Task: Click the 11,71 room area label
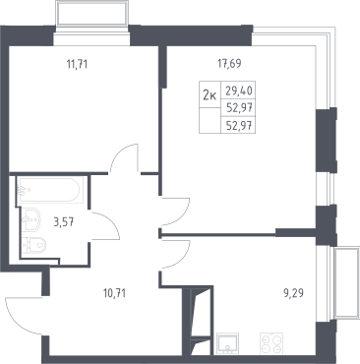tap(77, 64)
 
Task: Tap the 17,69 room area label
tap(230, 63)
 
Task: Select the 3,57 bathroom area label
tap(64, 222)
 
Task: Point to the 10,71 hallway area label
tap(114, 293)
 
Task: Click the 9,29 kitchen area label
tap(293, 293)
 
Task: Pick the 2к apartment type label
tap(210, 95)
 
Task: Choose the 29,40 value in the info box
tap(239, 91)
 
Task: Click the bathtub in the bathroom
tap(48, 190)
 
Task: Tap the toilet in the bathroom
tap(35, 244)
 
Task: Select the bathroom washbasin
tap(30, 220)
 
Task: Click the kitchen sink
tap(227, 343)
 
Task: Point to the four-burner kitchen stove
tap(271, 343)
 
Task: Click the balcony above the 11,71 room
tap(91, 14)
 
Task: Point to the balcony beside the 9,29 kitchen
tap(346, 282)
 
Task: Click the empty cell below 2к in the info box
tap(210, 120)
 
